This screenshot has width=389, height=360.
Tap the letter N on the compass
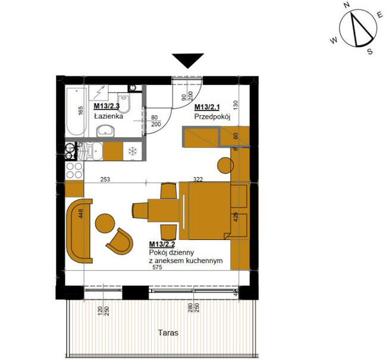point(347,5)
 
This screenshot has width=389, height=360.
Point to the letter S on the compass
point(370,52)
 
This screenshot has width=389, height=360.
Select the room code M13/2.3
point(107,107)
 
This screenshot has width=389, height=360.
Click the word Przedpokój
point(212,117)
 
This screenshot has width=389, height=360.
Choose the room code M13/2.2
point(162,244)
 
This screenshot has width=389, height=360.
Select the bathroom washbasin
point(108,131)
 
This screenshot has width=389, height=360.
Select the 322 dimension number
point(199,178)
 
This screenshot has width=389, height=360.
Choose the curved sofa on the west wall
point(77,230)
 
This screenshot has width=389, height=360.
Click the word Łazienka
point(108,116)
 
